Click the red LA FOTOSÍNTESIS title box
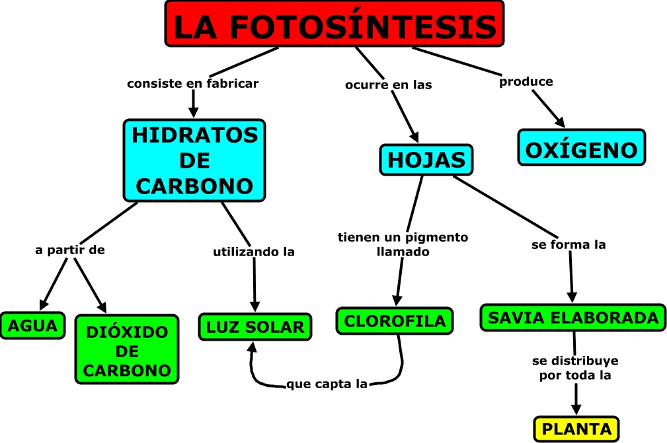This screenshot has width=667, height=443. click(334, 24)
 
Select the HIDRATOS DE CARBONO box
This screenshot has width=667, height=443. click(194, 160)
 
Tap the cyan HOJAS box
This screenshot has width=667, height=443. click(426, 160)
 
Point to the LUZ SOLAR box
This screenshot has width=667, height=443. click(255, 326)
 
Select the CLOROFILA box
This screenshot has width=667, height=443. click(395, 321)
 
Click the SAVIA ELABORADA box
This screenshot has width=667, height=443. click(572, 318)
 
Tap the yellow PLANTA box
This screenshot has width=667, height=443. click(576, 429)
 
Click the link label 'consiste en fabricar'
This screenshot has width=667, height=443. click(192, 84)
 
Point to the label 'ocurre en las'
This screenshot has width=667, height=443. click(389, 85)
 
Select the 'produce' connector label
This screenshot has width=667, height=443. click(526, 82)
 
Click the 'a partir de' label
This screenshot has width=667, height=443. click(70, 250)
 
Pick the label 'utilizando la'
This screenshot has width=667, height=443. click(253, 252)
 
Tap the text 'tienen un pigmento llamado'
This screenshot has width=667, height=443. click(403, 244)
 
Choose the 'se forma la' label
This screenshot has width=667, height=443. click(569, 245)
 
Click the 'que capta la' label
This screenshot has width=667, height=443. click(327, 384)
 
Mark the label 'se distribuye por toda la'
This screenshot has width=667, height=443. click(576, 368)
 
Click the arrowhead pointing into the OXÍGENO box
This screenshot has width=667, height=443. click(561, 121)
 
